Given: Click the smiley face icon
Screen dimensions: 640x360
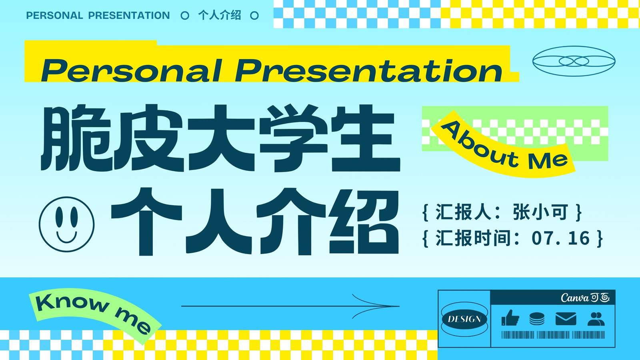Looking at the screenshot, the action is [66, 224].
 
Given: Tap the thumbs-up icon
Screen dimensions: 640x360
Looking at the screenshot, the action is [510, 318].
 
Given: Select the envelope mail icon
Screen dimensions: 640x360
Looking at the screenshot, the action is [566, 319].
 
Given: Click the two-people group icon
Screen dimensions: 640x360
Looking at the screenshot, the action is [596, 319].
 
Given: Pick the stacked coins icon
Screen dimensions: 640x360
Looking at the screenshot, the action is [537, 319].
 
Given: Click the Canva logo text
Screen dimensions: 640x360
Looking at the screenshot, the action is [585, 298].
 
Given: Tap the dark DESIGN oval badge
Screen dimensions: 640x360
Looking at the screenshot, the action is [464, 319].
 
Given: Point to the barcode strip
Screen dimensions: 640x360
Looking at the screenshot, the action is [553, 335].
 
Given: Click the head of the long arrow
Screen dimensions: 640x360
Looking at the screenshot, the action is [399, 306].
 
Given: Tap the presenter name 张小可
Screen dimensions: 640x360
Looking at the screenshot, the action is [540, 212].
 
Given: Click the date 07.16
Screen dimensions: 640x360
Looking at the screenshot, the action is [560, 238].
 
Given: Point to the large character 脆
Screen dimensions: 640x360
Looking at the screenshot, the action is [76, 138].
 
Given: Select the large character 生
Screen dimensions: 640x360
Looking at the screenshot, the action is [366, 138].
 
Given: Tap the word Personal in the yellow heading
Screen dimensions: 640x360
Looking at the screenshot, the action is [132, 70].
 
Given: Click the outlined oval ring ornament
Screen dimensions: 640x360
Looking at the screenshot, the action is [574, 61].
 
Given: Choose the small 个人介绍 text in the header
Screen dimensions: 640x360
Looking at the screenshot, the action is [220, 16].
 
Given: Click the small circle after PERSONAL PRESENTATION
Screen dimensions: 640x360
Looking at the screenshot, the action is [185, 16].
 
